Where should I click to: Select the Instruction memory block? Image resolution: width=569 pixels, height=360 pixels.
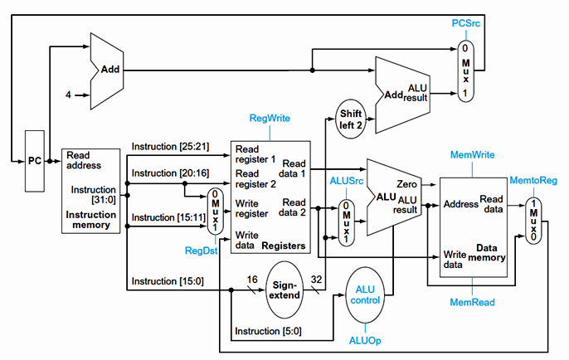tap(91, 190)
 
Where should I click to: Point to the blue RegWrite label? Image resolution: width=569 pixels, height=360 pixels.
tap(270, 119)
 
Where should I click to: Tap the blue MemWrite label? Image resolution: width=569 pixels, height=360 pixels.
tap(472, 155)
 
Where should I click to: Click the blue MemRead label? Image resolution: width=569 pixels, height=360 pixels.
tap(472, 303)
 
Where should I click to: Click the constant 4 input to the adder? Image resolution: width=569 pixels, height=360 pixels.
tap(69, 95)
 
